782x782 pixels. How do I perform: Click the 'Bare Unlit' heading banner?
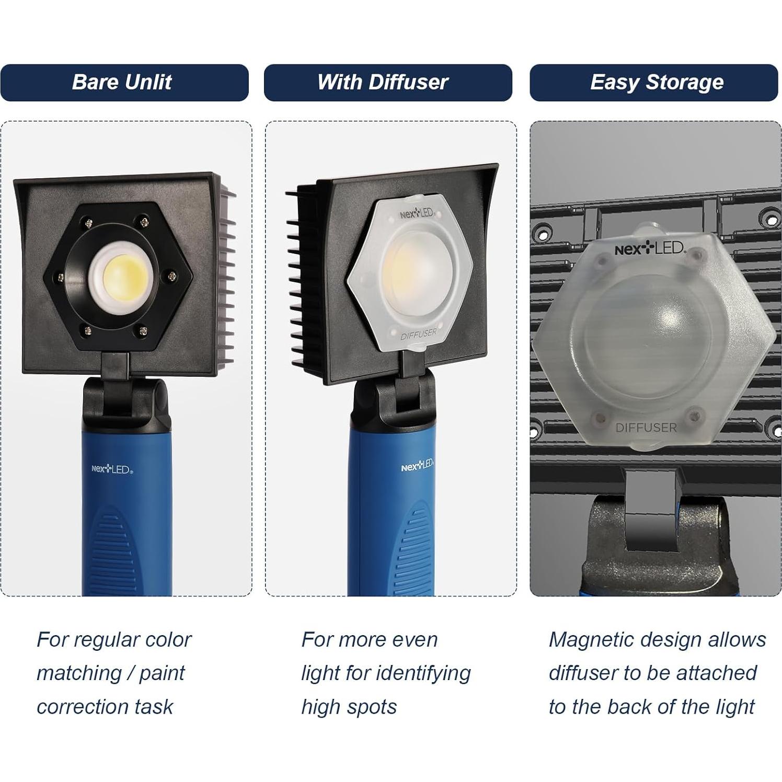(124, 83)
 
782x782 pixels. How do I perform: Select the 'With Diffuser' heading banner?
(387, 83)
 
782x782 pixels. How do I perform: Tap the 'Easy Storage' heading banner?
(653, 83)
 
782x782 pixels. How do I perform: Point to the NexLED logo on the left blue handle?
(112, 470)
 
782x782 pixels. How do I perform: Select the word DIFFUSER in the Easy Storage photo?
(646, 428)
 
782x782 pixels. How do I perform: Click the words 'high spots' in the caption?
(349, 707)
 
